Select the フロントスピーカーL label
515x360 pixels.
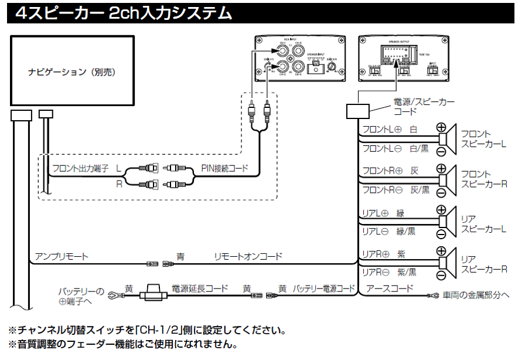pyautogui.click(x=483, y=138)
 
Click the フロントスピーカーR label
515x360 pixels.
pyautogui.click(x=483, y=179)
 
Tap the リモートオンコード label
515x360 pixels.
pyautogui.click(x=248, y=256)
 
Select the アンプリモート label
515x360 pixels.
pyautogui.click(x=62, y=256)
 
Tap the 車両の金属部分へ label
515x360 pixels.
pyautogui.click(x=476, y=296)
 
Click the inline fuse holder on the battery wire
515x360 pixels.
pyautogui.click(x=155, y=293)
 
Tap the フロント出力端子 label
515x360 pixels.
pyautogui.click(x=80, y=168)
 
